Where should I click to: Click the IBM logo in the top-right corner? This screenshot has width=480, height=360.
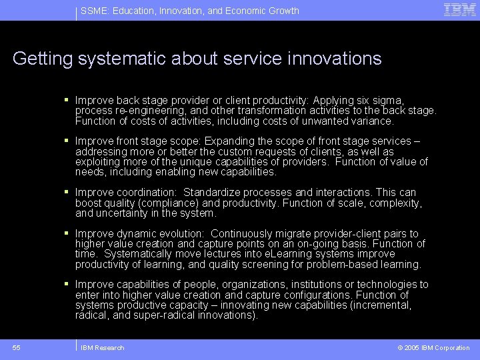[460, 9]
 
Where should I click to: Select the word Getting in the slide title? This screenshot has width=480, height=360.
[42, 59]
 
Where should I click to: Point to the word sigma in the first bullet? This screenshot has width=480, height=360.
[387, 100]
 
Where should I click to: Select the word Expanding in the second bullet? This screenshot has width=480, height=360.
[227, 141]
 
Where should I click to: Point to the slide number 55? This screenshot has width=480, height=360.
[17, 347]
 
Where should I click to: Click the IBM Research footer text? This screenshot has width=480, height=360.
[103, 348]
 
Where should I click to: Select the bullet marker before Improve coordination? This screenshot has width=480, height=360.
[67, 192]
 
